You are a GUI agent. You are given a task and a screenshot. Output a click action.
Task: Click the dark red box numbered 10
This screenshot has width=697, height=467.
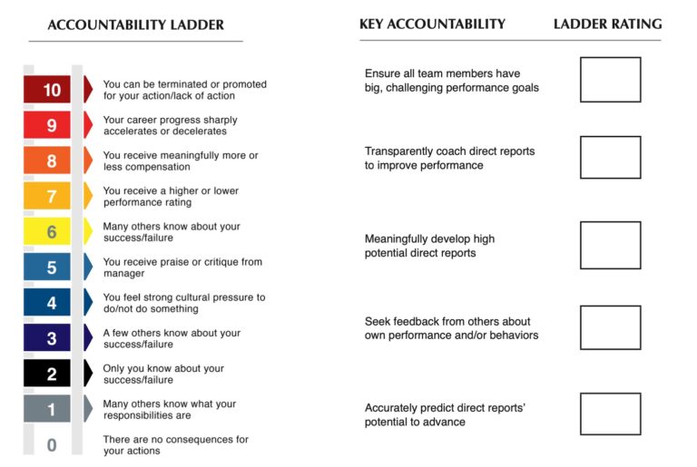[52, 90]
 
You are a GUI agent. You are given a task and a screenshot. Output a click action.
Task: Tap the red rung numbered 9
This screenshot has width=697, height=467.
[52, 125]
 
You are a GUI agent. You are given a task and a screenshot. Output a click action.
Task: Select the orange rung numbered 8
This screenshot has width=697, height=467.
[52, 161]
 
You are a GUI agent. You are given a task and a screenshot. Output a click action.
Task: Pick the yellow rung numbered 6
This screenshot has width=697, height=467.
[52, 231]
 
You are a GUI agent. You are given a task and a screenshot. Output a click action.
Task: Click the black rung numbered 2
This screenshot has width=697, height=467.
[52, 374]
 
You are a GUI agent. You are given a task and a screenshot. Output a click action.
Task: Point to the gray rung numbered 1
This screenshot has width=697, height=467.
[52, 409]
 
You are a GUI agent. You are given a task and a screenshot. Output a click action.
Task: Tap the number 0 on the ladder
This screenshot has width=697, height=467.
[52, 444]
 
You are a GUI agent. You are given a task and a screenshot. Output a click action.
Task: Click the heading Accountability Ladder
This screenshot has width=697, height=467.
[135, 24]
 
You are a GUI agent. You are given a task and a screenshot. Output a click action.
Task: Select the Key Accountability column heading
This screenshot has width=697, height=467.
[432, 24]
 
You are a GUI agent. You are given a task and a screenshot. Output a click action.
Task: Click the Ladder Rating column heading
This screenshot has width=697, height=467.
[607, 24]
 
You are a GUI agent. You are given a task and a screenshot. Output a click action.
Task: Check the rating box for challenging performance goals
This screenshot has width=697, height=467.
[610, 80]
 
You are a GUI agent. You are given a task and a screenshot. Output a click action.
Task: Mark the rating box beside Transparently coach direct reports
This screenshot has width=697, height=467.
[610, 158]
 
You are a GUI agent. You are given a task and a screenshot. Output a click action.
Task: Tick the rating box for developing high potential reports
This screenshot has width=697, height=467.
[610, 245]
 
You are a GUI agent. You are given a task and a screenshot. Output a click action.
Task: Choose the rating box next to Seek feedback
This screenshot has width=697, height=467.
[610, 327]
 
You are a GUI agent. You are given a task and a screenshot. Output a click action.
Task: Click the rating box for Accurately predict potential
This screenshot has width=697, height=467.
[610, 413]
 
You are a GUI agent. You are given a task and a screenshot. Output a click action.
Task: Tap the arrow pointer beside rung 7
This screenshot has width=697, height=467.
[88, 196]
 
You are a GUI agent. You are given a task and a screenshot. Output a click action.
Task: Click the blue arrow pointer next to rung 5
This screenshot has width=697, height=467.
[88, 267]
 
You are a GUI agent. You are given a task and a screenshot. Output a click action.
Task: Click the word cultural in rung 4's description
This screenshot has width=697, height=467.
[196, 297]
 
